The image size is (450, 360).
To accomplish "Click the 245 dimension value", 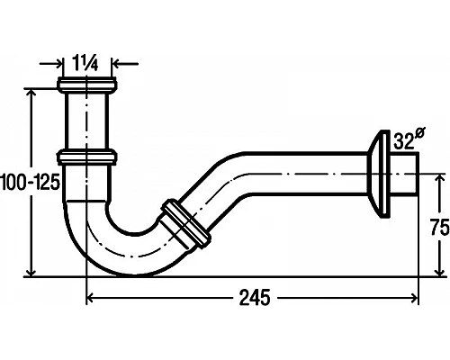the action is pos(255,298).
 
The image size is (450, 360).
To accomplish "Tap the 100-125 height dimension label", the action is pos(30,182).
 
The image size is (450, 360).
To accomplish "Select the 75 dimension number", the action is pos(440,227).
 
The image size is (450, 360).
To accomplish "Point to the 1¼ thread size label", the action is pos(85,64).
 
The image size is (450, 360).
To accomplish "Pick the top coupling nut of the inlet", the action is pos(87,85).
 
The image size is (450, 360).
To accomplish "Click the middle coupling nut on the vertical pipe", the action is pos(87,157).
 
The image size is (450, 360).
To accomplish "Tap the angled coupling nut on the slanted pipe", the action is pos(186,223).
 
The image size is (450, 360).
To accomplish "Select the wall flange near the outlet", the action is pos(378,174).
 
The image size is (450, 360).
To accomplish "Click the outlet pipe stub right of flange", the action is pos(404,174).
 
